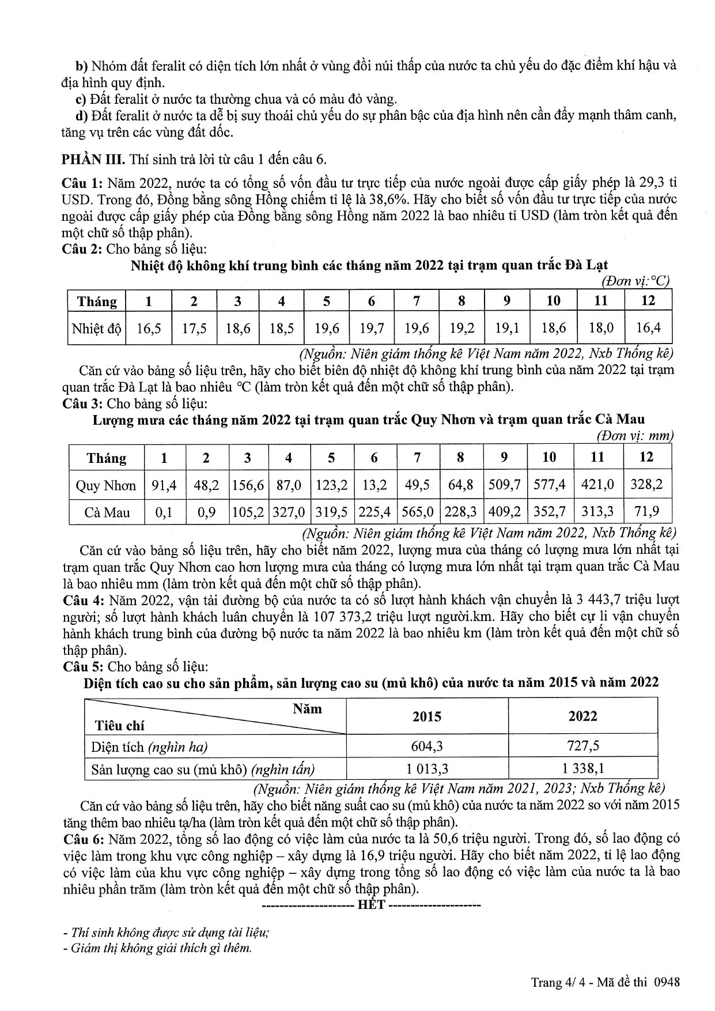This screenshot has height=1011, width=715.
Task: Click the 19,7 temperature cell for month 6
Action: tap(372, 329)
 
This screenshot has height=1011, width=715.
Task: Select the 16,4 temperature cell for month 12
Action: tap(648, 329)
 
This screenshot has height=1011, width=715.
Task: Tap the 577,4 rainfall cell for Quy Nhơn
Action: tap(550, 485)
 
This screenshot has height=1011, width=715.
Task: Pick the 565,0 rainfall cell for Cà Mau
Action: tap(418, 512)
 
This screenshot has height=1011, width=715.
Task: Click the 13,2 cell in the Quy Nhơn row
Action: tap(374, 485)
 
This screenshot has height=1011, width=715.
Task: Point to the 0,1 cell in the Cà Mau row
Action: tap(164, 512)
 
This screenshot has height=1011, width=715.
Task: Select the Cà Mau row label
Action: tap(107, 512)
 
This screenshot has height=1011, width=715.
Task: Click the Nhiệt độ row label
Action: tap(96, 329)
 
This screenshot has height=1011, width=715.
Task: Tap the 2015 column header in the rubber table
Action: tap(427, 716)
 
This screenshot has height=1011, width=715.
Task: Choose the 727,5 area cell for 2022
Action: tap(583, 746)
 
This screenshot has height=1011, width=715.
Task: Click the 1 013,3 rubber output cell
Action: tap(427, 768)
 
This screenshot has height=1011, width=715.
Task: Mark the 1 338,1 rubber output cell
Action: tap(583, 768)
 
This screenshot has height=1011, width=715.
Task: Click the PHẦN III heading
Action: tap(94, 159)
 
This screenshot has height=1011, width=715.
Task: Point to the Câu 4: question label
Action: tap(82, 601)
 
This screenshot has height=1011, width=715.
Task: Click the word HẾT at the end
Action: tap(371, 904)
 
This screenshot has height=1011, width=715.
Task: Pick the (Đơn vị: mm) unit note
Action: tap(634, 436)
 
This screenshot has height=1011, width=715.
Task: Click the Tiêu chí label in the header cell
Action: tap(120, 725)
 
